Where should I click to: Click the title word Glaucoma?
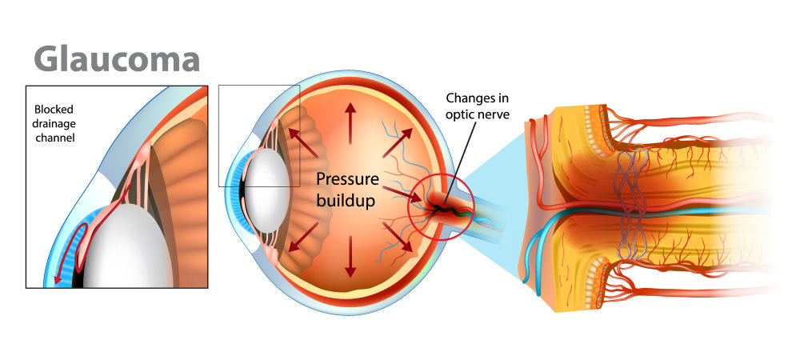click(117, 59)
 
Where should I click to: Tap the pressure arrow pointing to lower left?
click(303, 236)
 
